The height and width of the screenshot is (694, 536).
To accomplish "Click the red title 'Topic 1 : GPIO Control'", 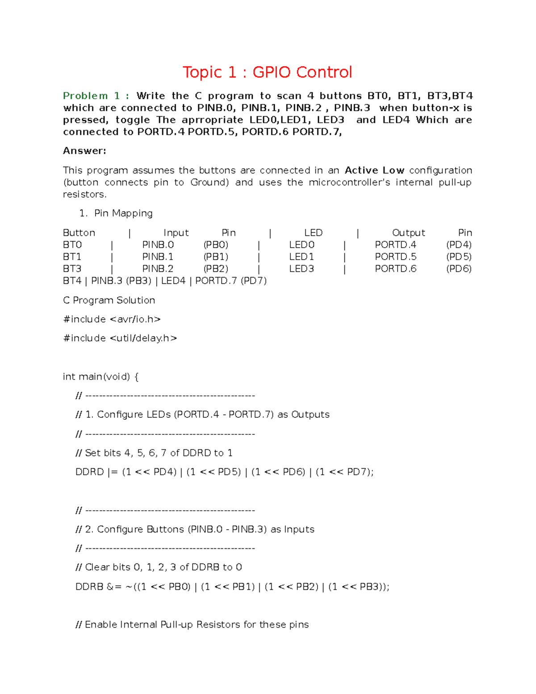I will click(x=267, y=72).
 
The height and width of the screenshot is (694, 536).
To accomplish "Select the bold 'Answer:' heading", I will click(x=84, y=151).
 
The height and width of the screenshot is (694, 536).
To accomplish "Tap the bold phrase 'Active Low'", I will click(x=374, y=170).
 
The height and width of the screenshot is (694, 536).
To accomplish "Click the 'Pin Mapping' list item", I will click(x=123, y=213).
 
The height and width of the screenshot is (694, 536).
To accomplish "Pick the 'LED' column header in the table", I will click(x=313, y=233).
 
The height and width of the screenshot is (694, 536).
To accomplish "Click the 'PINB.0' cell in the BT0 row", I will click(x=158, y=245).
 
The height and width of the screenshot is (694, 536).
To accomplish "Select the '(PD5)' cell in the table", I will click(x=459, y=257).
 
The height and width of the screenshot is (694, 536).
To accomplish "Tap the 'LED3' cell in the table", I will click(x=301, y=269).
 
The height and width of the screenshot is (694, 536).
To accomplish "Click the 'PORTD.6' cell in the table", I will click(x=395, y=269).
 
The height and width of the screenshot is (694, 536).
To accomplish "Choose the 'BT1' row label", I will click(x=72, y=257).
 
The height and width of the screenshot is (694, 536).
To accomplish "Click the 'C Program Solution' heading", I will click(x=109, y=300).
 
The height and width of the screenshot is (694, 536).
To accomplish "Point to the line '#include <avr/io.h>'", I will click(x=112, y=320).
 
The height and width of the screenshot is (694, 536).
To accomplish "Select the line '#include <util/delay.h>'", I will click(x=120, y=338).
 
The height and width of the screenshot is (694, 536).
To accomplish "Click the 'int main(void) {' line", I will click(x=100, y=377).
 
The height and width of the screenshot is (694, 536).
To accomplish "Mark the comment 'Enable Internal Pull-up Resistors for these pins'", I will click(x=197, y=625).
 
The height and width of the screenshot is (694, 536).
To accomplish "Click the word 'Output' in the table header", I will click(x=408, y=233).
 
